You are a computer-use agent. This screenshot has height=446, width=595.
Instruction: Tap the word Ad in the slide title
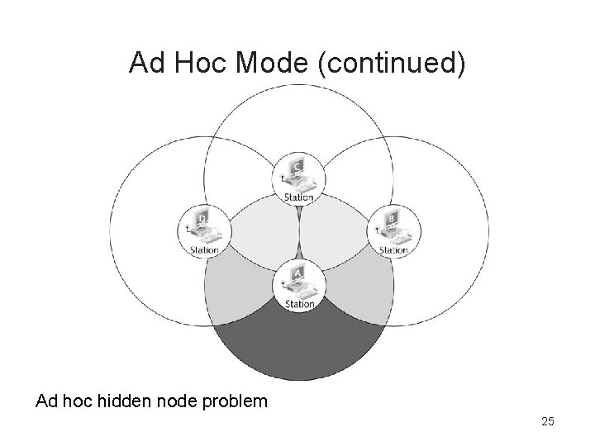pos(148,64)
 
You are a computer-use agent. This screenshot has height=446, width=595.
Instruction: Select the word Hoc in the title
pos(203,64)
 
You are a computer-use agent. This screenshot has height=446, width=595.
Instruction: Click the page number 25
pos(547,422)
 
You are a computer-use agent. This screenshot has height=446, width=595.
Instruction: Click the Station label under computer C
pos(298,197)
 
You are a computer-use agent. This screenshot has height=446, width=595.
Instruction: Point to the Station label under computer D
pos(204,249)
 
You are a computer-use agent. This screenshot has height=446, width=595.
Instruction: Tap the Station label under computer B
pos(393,249)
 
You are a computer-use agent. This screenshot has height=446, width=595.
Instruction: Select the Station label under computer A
pos(299,304)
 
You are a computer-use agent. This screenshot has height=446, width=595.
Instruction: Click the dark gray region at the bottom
pos(298,347)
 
